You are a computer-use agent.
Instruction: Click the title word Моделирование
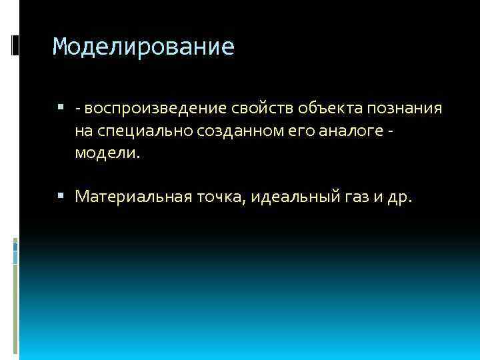click(x=143, y=47)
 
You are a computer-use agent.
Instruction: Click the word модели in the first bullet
click(x=105, y=153)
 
